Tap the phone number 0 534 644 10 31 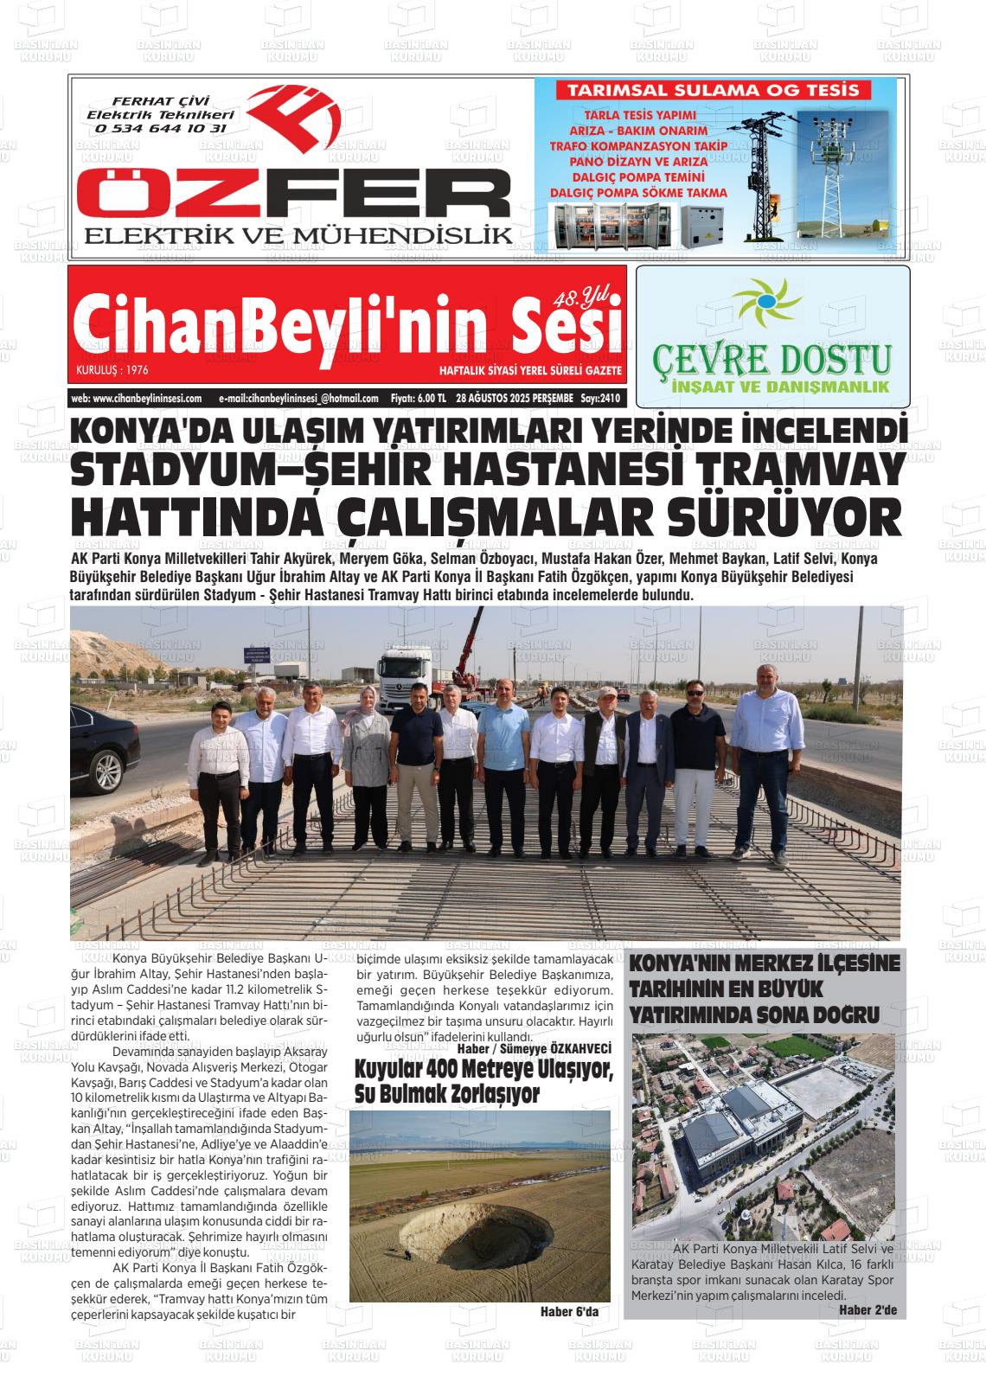click(161, 128)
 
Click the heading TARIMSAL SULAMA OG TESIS click(712, 90)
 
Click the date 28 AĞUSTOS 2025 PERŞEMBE click(515, 399)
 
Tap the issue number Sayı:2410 click(601, 399)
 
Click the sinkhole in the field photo click(475, 1229)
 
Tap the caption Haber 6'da click(568, 1311)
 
